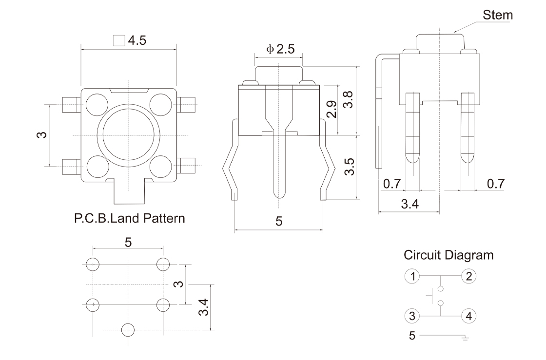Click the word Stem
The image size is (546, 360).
click(x=497, y=15)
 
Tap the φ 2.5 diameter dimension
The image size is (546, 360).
click(x=281, y=49)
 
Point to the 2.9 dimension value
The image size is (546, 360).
click(x=331, y=110)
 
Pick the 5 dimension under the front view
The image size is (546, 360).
click(x=279, y=221)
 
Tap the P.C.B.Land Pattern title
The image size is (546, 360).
click(x=129, y=218)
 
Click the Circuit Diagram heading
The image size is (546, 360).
click(x=448, y=255)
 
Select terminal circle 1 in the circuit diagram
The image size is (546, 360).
click(x=412, y=277)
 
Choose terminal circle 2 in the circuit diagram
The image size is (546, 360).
click(x=469, y=277)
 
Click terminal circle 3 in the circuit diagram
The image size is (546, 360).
click(x=412, y=316)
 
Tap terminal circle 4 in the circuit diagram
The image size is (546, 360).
click(x=469, y=316)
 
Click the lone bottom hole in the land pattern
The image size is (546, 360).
click(x=128, y=329)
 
